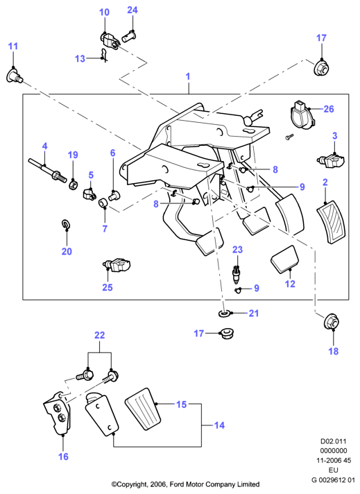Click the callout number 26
click(329, 109)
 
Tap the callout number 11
click(13, 46)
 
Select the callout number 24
click(132, 10)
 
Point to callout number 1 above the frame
click(188, 76)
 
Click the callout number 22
click(99, 335)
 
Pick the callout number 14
click(219, 425)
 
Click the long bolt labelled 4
click(47, 169)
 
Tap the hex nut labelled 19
click(74, 185)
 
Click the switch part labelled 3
click(331, 160)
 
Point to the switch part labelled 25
click(117, 265)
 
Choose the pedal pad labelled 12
click(284, 259)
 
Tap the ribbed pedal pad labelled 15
click(144, 409)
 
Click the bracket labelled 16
click(58, 414)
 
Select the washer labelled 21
click(224, 314)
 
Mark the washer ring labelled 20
click(66, 224)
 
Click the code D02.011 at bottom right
click(334, 441)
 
